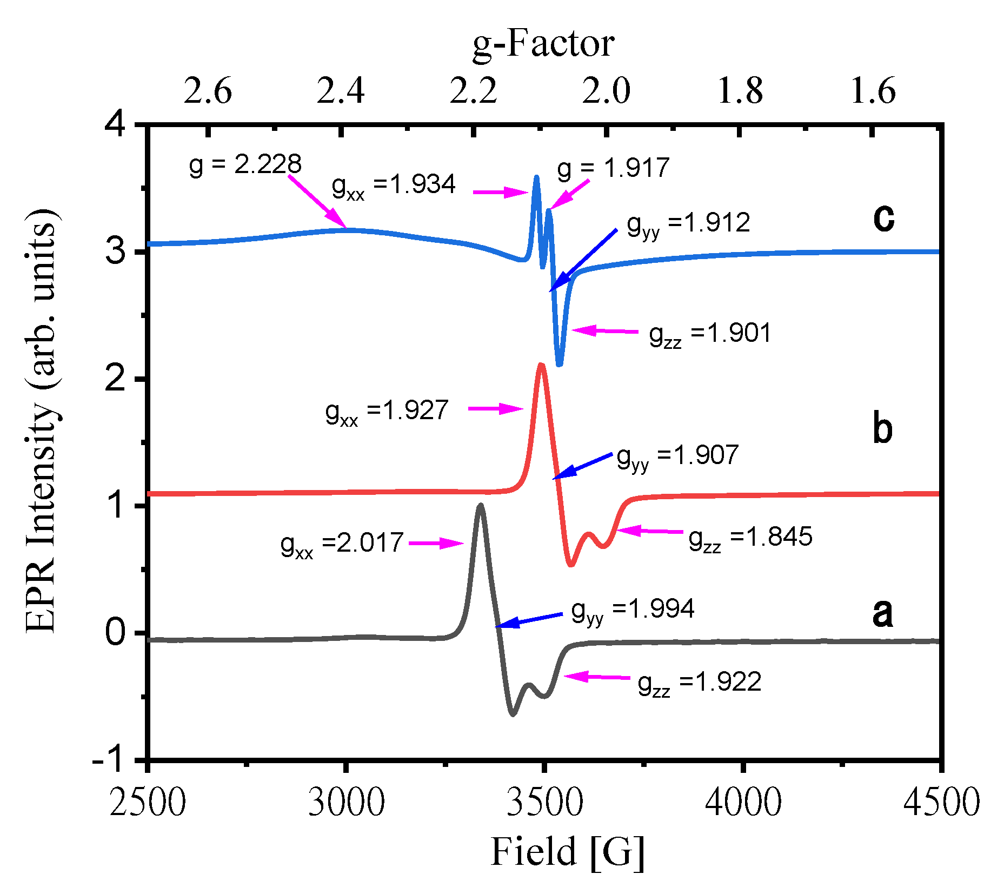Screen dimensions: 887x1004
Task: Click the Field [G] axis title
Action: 567,851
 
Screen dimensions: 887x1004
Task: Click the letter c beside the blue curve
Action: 883,218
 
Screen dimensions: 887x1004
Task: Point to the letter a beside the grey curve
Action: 882,614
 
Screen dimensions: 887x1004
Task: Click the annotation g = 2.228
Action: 245,164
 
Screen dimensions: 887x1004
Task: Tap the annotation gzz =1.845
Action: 750,538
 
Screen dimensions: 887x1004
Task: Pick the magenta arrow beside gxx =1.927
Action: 495,409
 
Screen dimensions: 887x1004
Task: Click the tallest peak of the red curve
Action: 541,366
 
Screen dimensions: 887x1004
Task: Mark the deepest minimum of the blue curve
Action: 560,365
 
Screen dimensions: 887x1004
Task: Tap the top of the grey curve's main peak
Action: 480,505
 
